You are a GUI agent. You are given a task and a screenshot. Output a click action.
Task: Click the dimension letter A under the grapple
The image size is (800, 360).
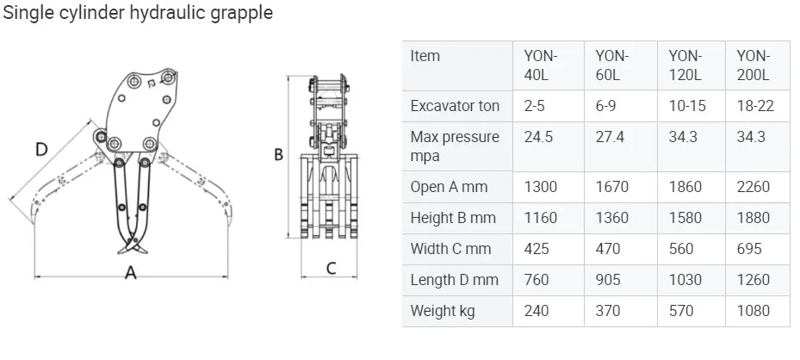131,272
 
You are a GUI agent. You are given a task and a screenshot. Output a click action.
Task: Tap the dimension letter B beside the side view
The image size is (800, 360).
278,154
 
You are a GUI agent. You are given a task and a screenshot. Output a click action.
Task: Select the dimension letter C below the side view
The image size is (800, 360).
332,268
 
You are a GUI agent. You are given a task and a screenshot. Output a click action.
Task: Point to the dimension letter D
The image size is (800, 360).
41,149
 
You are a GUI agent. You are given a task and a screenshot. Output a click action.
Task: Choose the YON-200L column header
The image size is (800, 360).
753,65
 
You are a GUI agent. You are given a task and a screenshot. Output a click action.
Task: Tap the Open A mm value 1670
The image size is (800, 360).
612,187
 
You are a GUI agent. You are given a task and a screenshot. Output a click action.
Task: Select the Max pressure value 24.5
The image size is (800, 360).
538,137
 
